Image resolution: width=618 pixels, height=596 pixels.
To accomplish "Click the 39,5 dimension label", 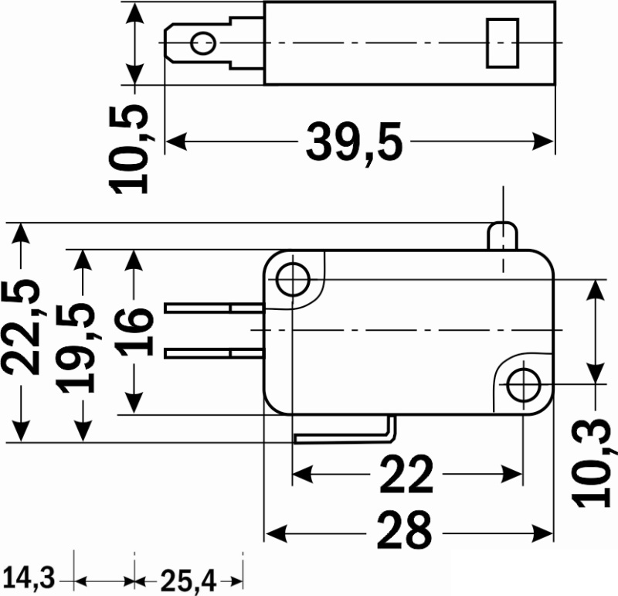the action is (355, 142).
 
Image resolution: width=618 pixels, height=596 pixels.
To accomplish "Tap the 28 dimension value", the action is (404, 531).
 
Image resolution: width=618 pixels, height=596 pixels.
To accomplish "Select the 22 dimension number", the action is (406, 474).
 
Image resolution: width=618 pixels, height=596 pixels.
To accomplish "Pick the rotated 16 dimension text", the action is (134, 332).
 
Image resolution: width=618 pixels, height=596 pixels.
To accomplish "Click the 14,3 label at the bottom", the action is (29, 579).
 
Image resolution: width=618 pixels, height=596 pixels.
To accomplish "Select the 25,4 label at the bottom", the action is (188, 581).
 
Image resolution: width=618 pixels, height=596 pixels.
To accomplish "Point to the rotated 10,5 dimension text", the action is (130, 150).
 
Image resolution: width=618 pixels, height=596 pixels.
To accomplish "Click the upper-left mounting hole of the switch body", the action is (293, 279).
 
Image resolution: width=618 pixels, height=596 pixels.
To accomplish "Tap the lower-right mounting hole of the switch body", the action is (524, 384).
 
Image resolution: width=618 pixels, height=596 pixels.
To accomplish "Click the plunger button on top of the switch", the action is (503, 236).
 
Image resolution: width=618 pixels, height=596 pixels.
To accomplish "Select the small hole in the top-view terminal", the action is (203, 43).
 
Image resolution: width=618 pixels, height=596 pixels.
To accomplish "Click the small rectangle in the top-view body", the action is (502, 43).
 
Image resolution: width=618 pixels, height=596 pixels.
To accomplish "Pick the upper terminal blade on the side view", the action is (214, 308).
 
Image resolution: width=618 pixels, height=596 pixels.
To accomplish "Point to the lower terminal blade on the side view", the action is (214, 353).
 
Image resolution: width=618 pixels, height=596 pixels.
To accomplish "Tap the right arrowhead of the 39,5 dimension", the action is (543, 141).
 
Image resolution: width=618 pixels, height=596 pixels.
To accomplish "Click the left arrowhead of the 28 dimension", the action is (276, 534).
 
